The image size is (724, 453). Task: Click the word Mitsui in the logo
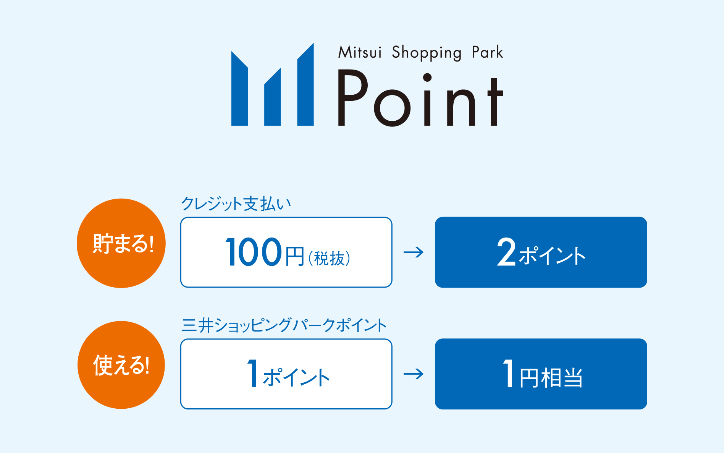click(x=360, y=52)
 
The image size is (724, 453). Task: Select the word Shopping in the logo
click(x=427, y=53)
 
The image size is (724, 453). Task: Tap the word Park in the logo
click(x=487, y=52)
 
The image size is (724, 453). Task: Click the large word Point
click(x=420, y=99)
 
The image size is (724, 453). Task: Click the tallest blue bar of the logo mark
click(x=305, y=88)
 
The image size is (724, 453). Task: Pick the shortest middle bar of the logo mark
click(x=273, y=99)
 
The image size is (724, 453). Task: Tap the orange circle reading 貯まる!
click(x=121, y=243)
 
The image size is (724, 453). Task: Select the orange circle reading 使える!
click(x=121, y=365)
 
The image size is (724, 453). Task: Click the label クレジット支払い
click(x=236, y=204)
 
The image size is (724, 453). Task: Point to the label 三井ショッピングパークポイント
click(x=284, y=325)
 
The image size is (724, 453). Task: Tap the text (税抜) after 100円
click(x=329, y=259)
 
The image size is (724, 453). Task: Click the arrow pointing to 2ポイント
click(x=414, y=252)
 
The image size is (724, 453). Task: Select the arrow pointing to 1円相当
click(x=414, y=374)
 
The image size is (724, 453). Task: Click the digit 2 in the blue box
click(x=506, y=252)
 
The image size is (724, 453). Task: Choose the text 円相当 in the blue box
click(x=551, y=378)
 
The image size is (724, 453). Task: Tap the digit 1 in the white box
click(x=253, y=374)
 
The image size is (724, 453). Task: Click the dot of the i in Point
click(x=427, y=78)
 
